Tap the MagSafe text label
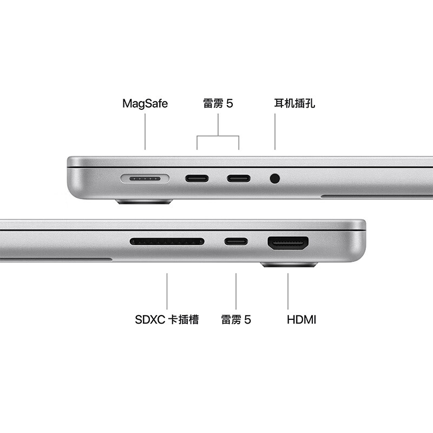(145, 103)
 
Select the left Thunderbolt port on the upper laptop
(196, 178)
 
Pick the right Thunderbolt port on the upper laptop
(238, 178)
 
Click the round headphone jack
(275, 178)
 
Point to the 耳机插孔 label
(294, 103)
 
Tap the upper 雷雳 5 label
(218, 103)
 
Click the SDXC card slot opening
(167, 241)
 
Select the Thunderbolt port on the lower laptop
(237, 241)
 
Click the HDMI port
(288, 243)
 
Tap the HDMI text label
(301, 319)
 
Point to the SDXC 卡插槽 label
(167, 319)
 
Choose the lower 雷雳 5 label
(236, 319)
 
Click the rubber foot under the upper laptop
(144, 202)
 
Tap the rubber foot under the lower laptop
(289, 265)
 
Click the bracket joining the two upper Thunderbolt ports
(218, 136)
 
